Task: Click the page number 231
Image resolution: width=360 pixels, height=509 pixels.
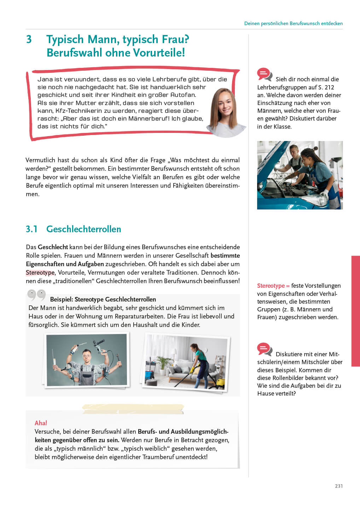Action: [x=338, y=486]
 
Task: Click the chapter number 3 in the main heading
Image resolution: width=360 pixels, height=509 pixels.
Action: [x=29, y=39]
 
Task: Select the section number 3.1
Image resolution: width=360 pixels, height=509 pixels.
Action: [x=31, y=229]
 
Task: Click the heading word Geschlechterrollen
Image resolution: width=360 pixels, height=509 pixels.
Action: [x=83, y=229]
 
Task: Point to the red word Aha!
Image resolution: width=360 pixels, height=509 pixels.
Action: [x=41, y=423]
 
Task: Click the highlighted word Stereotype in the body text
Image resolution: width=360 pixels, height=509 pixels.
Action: [x=40, y=273]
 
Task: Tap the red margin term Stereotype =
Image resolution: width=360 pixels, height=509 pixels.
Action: [x=273, y=286]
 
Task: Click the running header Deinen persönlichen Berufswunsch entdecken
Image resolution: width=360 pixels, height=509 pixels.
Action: [x=293, y=23]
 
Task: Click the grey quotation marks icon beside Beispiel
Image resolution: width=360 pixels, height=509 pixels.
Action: [x=36, y=295]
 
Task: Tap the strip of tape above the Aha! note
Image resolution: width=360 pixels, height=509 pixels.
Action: [x=133, y=409]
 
